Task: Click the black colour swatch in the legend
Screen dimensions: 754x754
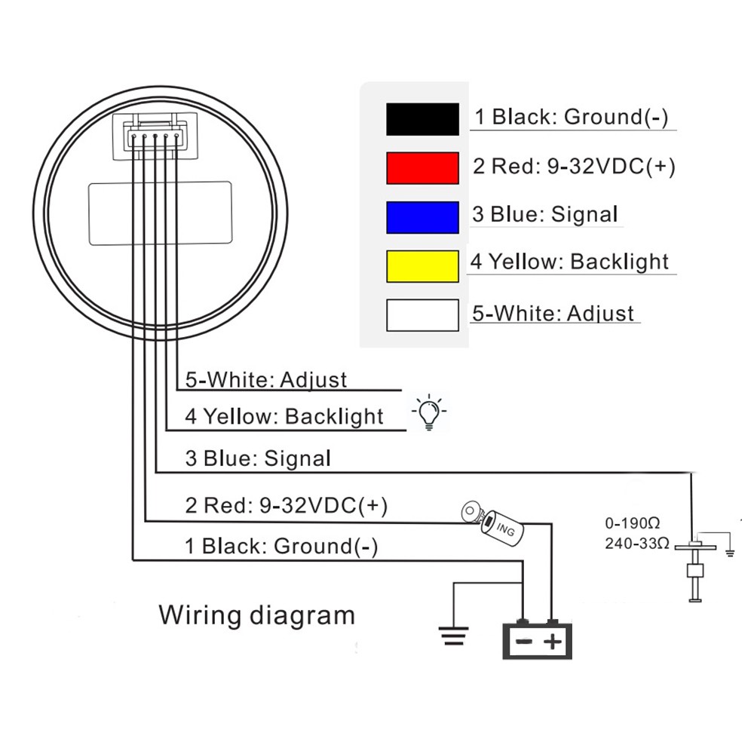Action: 422,119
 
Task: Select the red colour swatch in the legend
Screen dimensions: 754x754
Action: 422,167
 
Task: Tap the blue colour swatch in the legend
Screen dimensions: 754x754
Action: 422,217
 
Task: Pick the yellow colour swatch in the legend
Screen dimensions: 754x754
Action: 422,265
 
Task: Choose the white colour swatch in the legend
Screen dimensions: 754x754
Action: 422,315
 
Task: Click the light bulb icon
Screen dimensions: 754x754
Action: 429,412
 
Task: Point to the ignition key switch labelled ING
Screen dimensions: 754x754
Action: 494,523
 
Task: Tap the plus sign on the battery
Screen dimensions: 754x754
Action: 554,642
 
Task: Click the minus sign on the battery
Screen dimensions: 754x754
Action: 523,642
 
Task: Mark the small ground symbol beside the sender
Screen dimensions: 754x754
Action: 729,553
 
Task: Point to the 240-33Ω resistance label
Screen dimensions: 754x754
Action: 636,542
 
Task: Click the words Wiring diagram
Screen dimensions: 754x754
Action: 256,615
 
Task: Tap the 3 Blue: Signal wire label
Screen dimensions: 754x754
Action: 258,458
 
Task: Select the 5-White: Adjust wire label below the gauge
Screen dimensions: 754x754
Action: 266,379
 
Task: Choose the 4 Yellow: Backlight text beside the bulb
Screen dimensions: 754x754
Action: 284,416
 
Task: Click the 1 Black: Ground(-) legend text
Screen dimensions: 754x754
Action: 571,117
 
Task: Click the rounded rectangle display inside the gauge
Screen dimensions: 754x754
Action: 161,213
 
